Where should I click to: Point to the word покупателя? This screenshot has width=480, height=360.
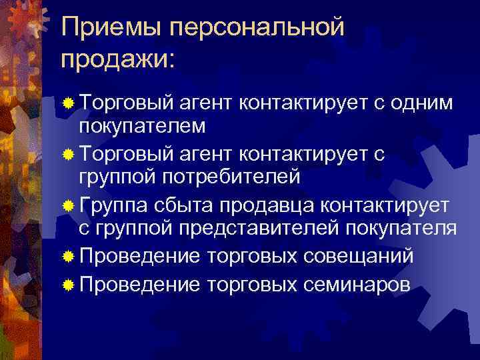click(403, 229)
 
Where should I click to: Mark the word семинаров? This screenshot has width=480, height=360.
click(357, 285)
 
